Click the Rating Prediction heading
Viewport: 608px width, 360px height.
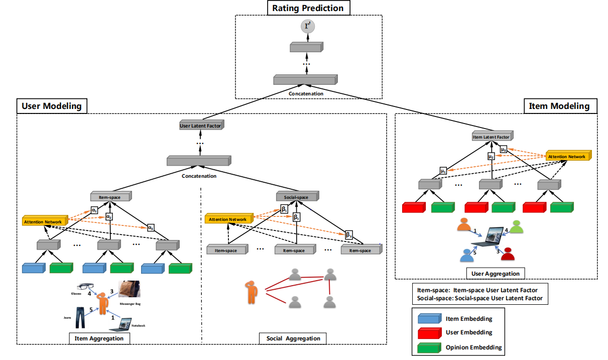tap(308, 8)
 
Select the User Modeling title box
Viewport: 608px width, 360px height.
tap(52, 106)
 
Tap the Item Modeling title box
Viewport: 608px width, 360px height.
tap(560, 106)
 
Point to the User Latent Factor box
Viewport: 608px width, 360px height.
tap(201, 126)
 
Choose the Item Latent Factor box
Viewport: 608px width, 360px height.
tap(492, 137)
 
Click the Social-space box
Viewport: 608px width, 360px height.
tap(296, 197)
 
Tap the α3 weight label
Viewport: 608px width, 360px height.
tap(151, 227)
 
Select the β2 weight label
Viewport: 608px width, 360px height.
tap(297, 217)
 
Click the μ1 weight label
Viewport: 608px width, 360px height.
tap(443, 171)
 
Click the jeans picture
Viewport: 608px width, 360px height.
tap(80, 317)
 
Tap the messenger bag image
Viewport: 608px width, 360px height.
tap(129, 288)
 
